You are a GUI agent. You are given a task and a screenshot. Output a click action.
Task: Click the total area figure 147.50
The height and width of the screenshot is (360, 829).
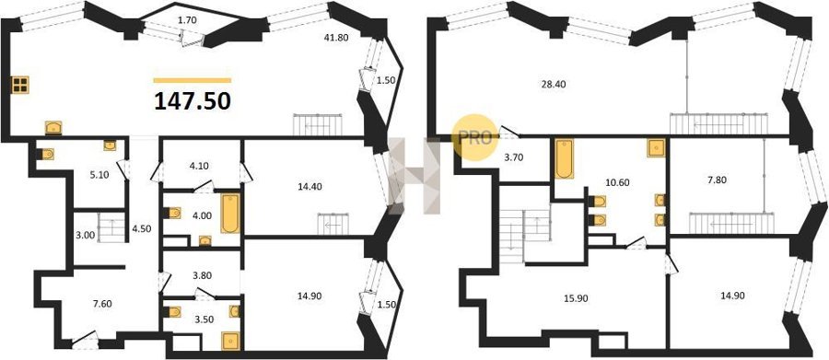pyautogui.click(x=193, y=101)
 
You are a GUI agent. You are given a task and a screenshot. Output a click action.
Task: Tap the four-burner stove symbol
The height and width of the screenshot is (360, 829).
pyautogui.click(x=20, y=85)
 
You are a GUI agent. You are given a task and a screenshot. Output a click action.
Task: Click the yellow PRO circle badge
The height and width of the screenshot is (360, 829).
pyautogui.click(x=475, y=137)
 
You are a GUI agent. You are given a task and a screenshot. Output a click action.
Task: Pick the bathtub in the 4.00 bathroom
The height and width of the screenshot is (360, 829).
pyautogui.click(x=230, y=214)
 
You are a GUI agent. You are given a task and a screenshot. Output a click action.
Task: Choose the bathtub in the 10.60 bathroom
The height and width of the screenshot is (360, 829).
pyautogui.click(x=564, y=158)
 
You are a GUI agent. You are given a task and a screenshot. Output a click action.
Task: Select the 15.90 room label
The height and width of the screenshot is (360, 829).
pyautogui.click(x=578, y=298)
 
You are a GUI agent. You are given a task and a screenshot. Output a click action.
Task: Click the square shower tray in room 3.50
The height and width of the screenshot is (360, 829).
pyautogui.click(x=230, y=341)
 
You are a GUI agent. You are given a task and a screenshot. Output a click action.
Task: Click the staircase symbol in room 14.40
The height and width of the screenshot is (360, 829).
pyautogui.click(x=333, y=224)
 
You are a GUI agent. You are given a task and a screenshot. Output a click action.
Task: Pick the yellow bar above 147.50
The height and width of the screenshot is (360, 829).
pyautogui.click(x=193, y=80)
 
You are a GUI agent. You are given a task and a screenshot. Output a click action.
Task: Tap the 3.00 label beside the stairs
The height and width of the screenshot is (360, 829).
pyautogui.click(x=85, y=235)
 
